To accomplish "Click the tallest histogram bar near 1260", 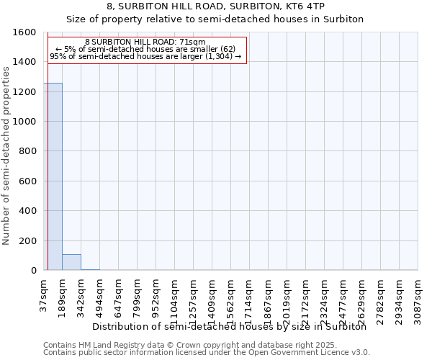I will tap(53, 176).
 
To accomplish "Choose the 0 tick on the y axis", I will tap(33, 271).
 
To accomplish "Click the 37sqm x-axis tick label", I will tap(44, 295).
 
